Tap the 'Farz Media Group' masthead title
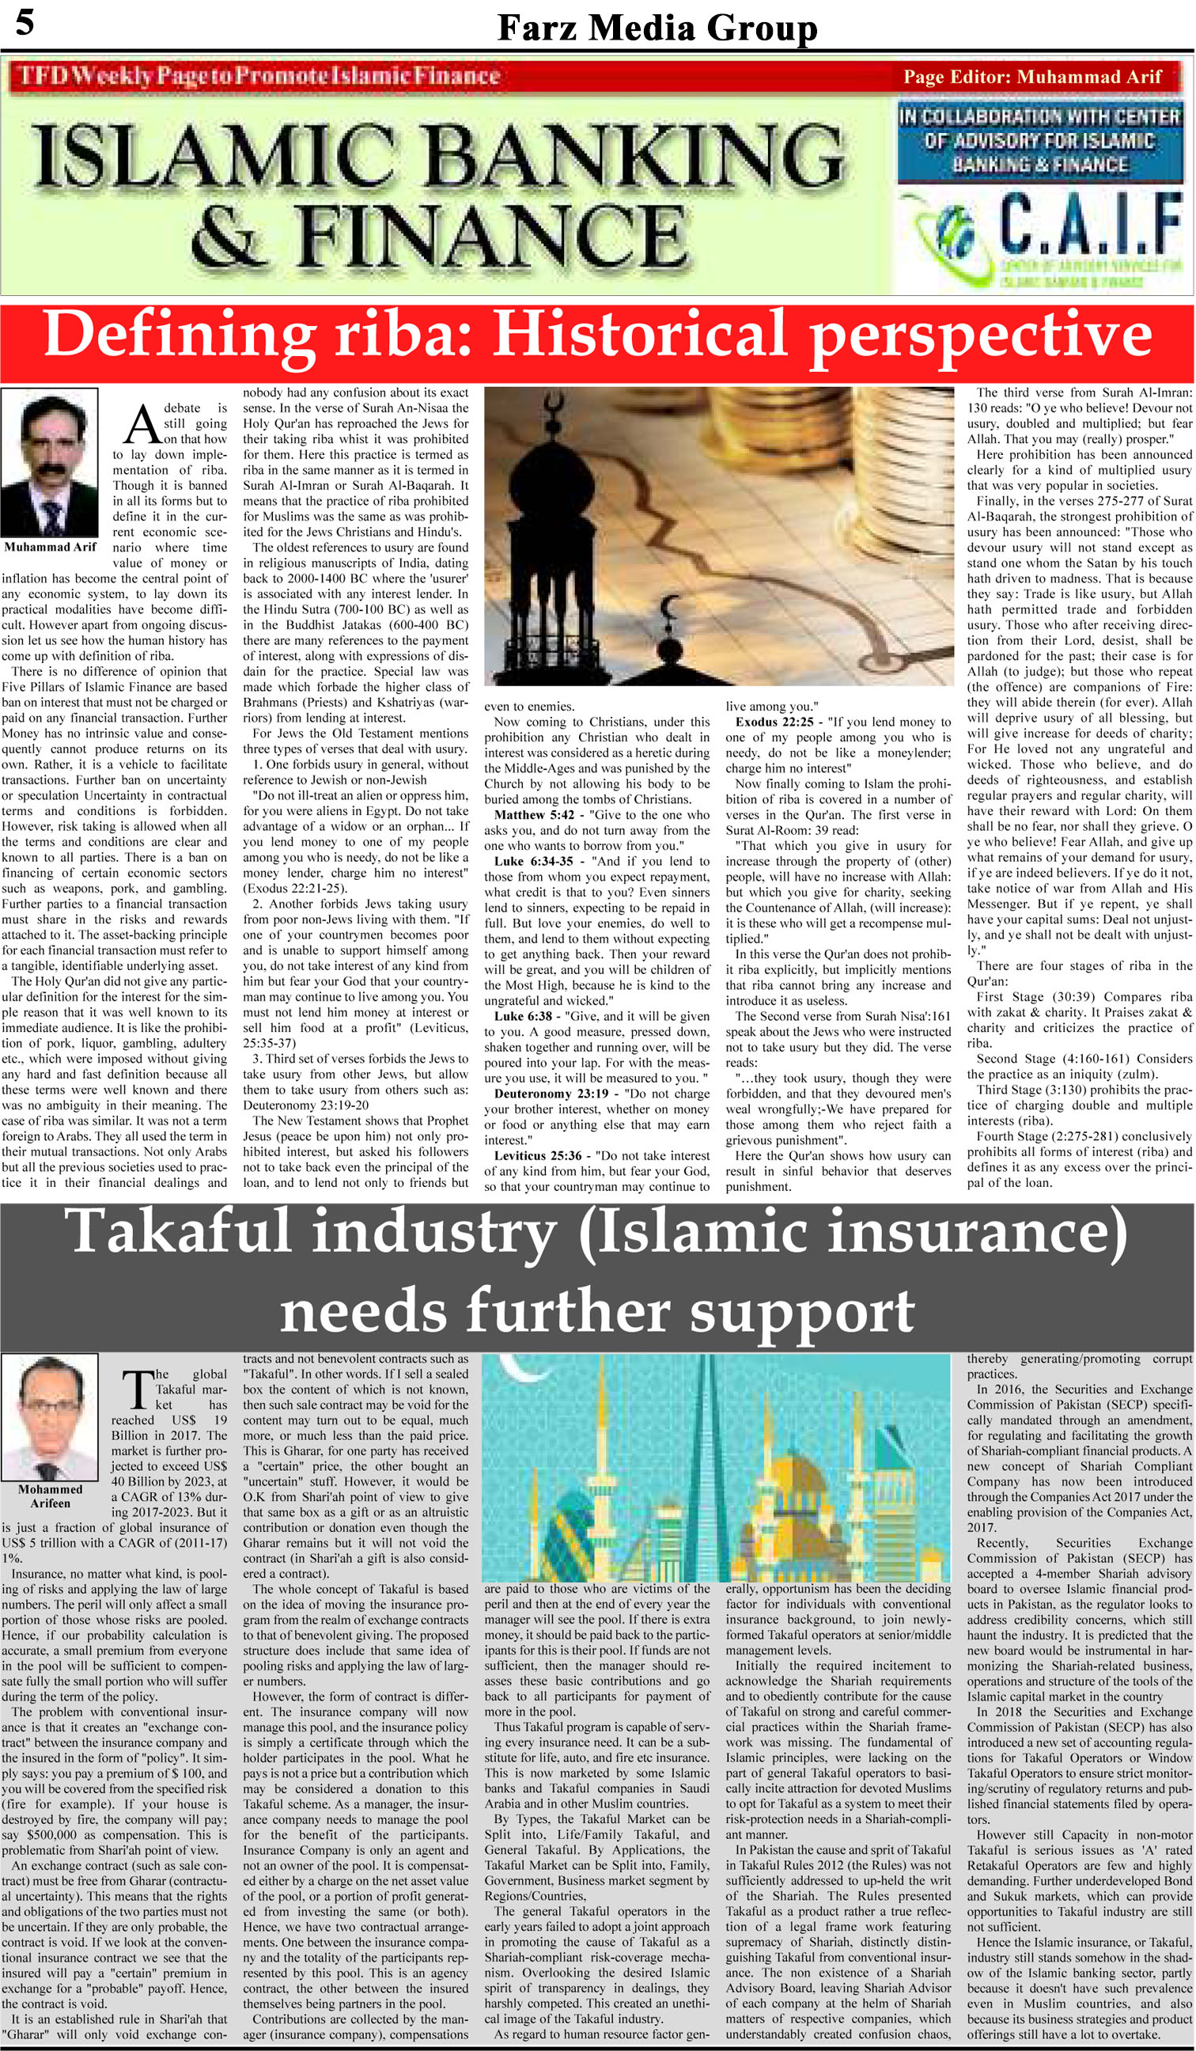tap(657, 29)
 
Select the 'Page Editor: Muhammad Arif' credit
tap(1031, 78)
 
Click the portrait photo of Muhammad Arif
tap(50, 462)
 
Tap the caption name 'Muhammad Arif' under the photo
tap(51, 547)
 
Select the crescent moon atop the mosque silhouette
tap(671, 605)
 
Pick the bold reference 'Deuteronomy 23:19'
tap(551, 1093)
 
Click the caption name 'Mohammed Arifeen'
tap(51, 1496)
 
